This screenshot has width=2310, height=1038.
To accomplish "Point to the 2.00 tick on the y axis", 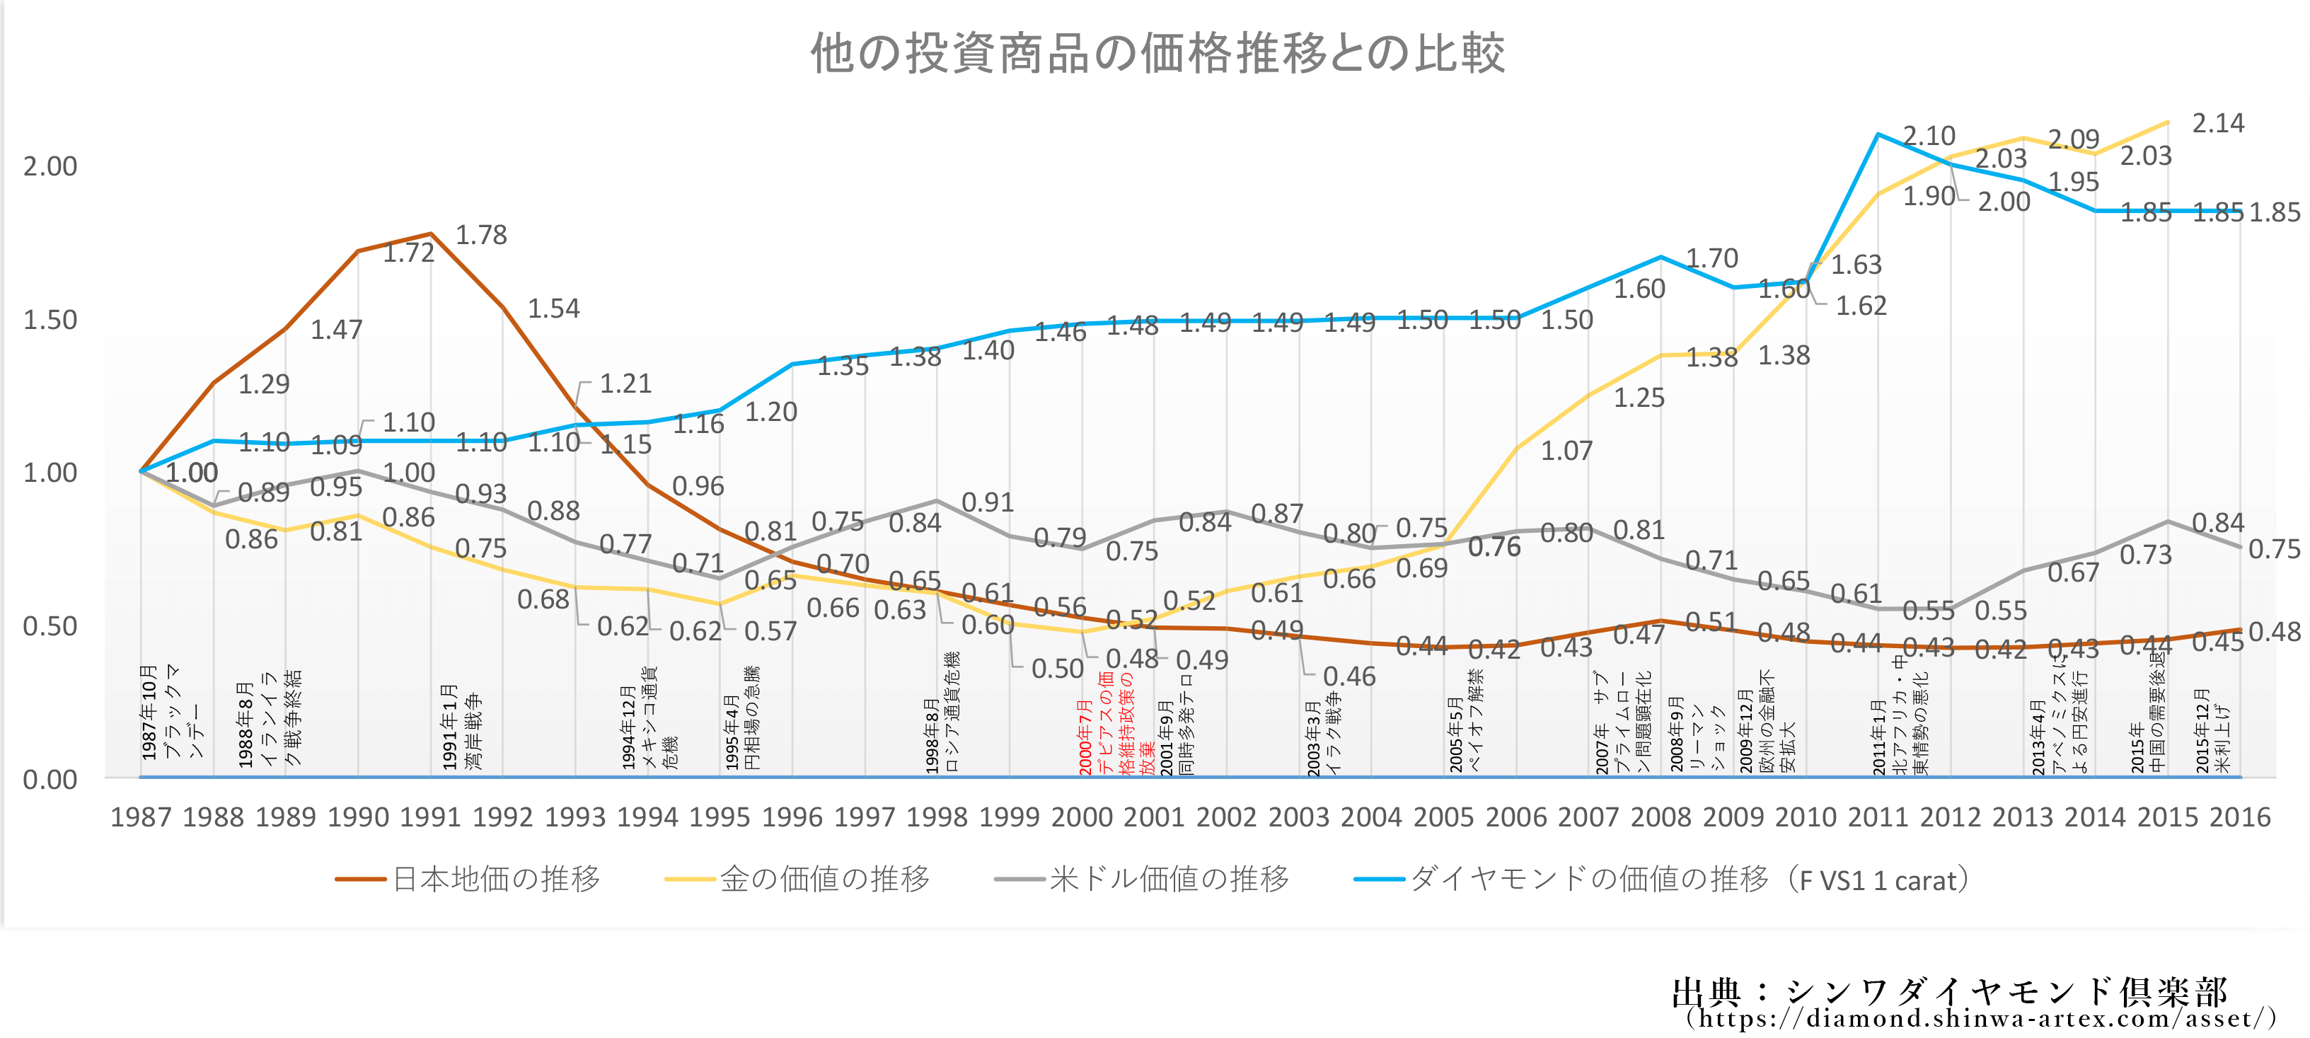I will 50,166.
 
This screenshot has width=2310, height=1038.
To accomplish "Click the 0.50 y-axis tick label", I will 50,626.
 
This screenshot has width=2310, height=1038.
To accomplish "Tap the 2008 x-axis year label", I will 1661,817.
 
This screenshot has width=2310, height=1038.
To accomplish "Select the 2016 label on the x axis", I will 2240,817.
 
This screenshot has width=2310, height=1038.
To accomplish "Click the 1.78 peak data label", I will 482,235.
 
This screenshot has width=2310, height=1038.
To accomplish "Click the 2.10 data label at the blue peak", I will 1929,137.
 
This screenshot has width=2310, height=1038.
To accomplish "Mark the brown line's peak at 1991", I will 432,233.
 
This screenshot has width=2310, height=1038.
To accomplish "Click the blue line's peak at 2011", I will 1878,134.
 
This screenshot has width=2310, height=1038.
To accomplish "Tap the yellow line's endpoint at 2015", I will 2167,122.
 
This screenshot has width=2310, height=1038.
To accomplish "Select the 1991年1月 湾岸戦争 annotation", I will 462,727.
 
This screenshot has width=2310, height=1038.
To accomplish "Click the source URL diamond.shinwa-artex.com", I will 1982,1018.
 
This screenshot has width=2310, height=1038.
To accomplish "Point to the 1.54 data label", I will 553,308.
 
